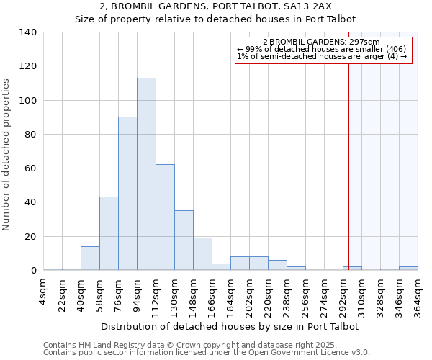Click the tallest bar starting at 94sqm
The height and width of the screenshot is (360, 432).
pyautogui.click(x=146, y=174)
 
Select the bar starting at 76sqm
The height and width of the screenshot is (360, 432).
pyautogui.click(x=127, y=194)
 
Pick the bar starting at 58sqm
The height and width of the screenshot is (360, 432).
pyautogui.click(x=109, y=233)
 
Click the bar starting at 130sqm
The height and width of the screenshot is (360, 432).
pyautogui.click(x=184, y=240)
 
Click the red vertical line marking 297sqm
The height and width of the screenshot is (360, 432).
pyautogui.click(x=348, y=166)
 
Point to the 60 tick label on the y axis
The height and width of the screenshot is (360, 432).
pyautogui.click(x=30, y=168)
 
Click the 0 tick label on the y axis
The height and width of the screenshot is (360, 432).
pyautogui.click(x=33, y=271)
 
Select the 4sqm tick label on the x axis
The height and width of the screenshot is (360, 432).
pyautogui.click(x=44, y=292)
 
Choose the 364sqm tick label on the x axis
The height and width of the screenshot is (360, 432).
pyautogui.click(x=418, y=296)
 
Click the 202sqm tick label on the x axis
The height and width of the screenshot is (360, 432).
pyautogui.click(x=250, y=296)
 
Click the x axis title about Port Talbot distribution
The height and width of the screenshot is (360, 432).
pyautogui.click(x=230, y=326)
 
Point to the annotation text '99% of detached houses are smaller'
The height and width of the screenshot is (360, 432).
pyautogui.click(x=318, y=50)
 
